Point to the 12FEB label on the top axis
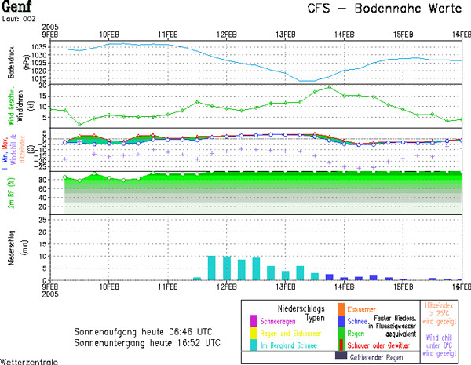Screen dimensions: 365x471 [227, 35]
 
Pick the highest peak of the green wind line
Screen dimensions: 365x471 [330, 87]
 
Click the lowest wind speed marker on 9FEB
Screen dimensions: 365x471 [79, 124]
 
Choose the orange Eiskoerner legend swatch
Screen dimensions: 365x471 [341, 308]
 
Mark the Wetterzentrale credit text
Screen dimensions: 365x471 [27, 361]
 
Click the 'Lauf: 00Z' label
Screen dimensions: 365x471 [20, 18]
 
